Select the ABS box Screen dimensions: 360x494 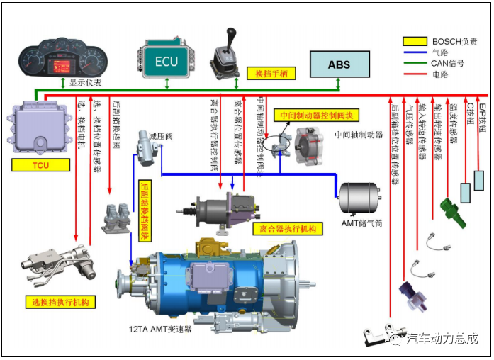(x=339, y=64)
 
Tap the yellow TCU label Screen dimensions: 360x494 (x=41, y=165)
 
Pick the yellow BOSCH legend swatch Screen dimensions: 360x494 (x=415, y=42)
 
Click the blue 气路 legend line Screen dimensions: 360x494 (x=415, y=52)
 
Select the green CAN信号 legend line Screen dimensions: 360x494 (x=415, y=63)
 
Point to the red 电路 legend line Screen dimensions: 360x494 (x=415, y=74)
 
